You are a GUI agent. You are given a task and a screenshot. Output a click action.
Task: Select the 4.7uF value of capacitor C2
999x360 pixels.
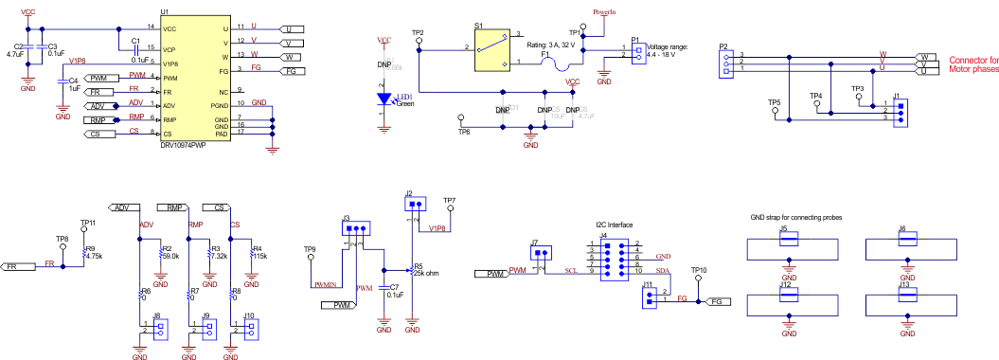point(15,55)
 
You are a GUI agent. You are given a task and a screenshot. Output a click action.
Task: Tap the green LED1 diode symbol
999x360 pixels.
point(384,99)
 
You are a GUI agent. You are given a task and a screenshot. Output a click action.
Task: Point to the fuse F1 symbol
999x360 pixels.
point(560,64)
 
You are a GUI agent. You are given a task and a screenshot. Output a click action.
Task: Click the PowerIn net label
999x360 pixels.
point(604,12)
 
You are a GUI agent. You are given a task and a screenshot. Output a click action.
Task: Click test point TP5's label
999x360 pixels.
point(774,101)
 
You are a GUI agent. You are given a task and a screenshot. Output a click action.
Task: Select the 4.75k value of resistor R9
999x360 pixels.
point(94,256)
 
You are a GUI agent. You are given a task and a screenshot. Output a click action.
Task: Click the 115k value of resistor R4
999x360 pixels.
point(259,256)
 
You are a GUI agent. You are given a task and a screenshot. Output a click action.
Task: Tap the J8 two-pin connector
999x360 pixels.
point(159,331)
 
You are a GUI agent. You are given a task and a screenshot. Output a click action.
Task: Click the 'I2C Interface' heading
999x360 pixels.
point(615,225)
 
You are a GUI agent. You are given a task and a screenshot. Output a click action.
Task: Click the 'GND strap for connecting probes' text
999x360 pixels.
point(793,217)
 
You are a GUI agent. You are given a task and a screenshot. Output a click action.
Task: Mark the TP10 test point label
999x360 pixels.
point(699,271)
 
